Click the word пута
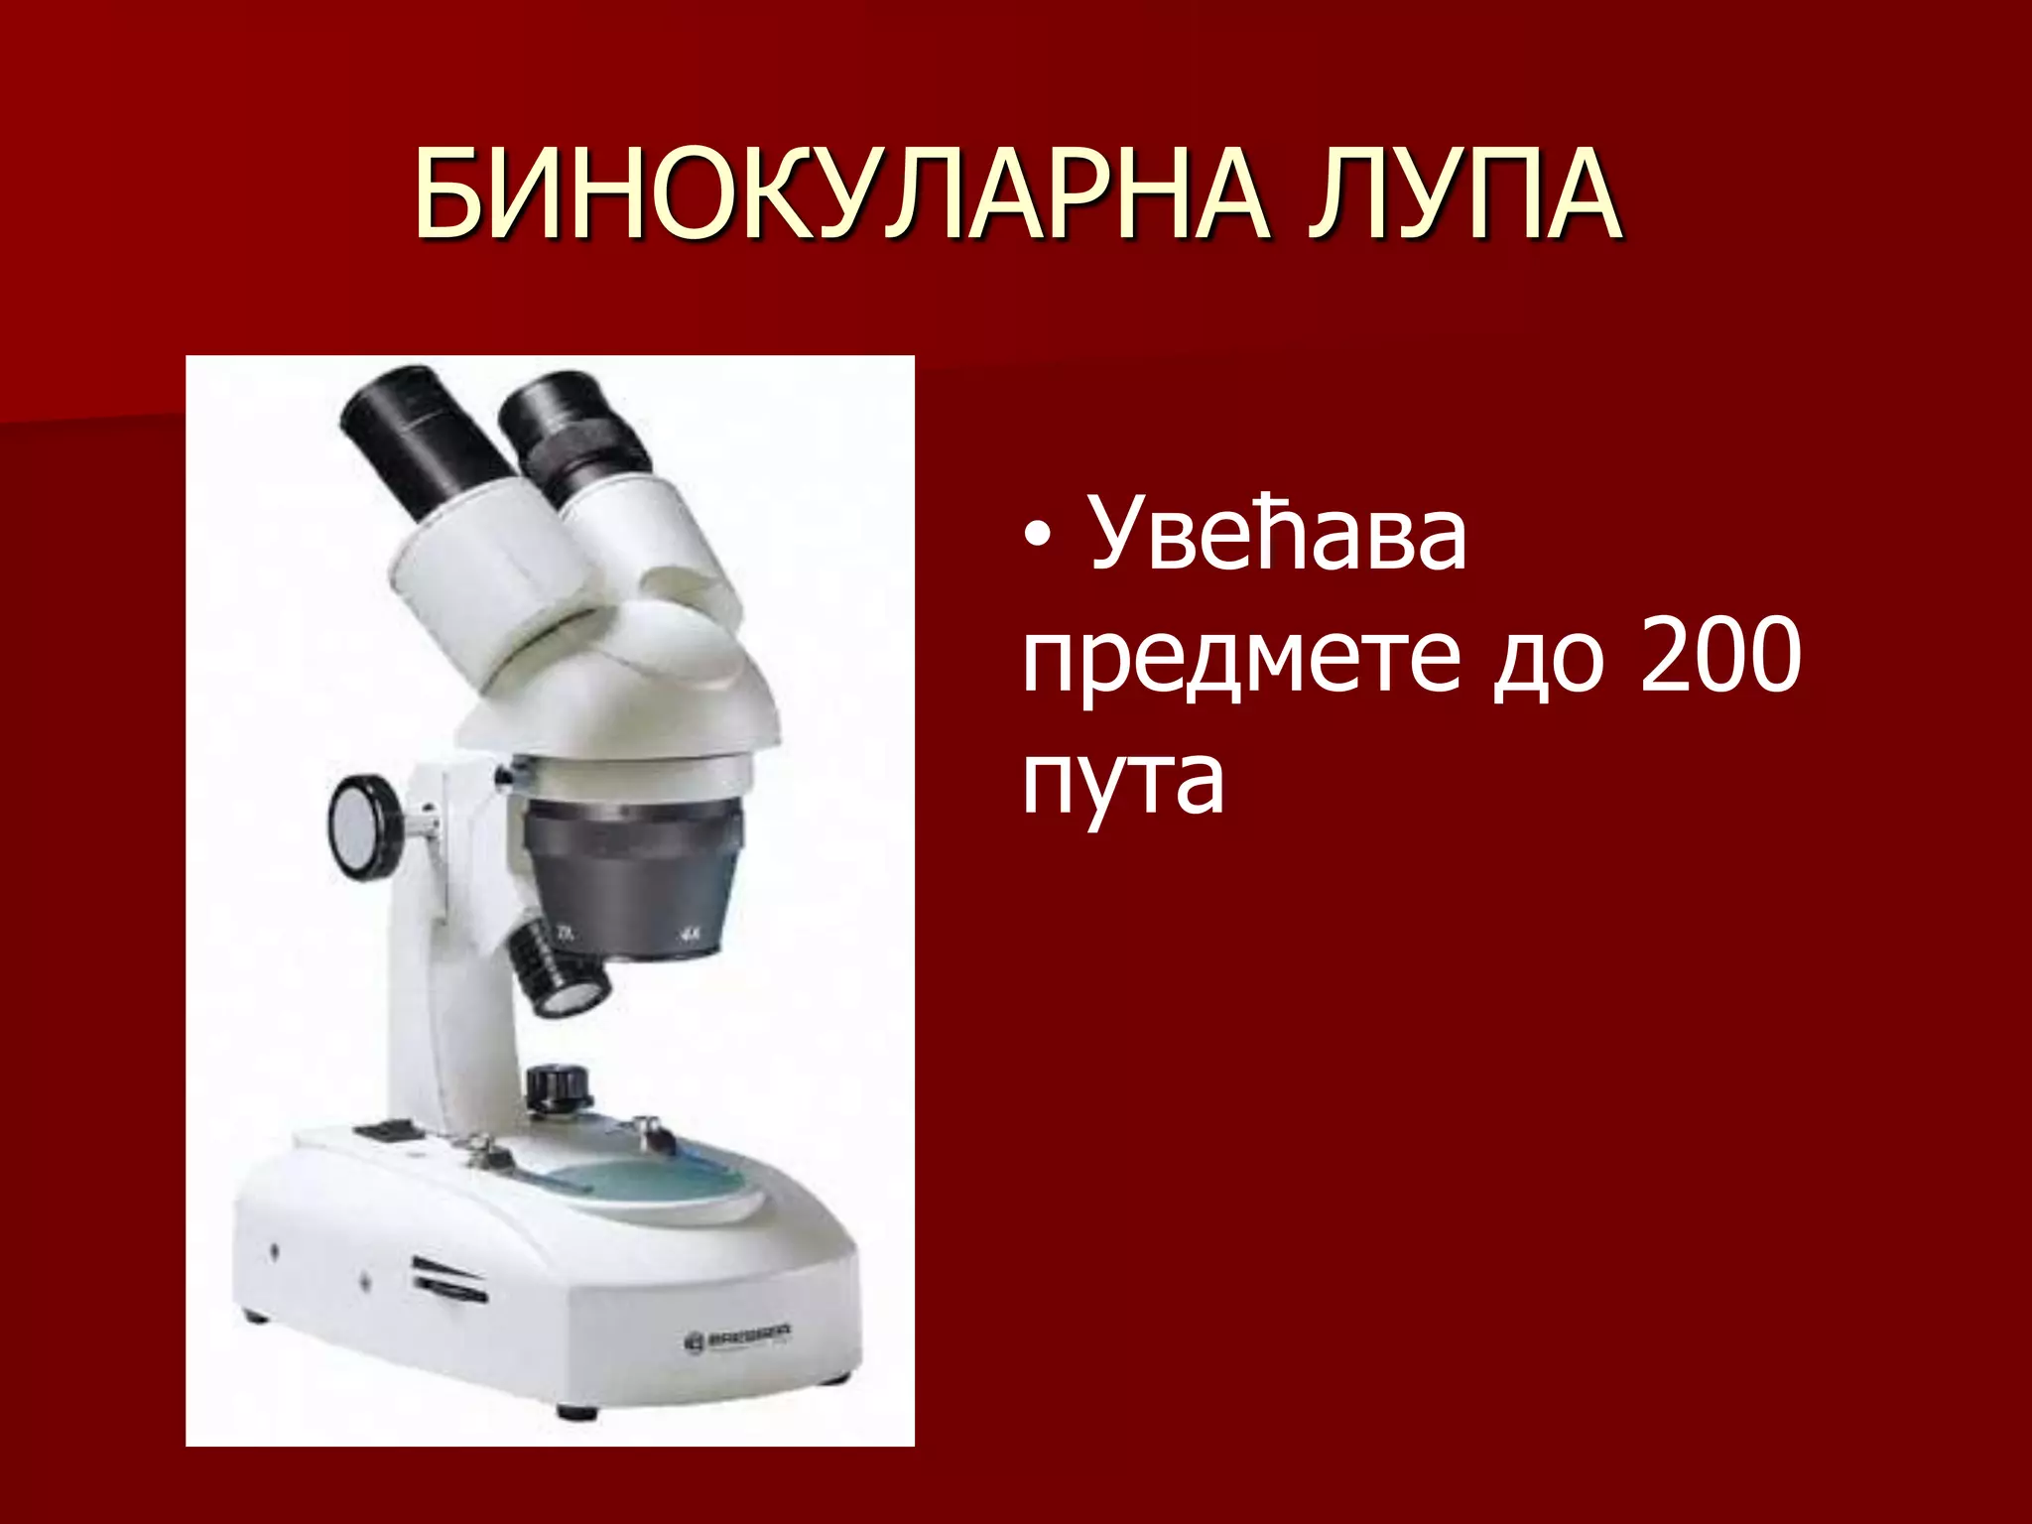[x=1123, y=780]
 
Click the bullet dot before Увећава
[x=1037, y=537]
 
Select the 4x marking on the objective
[x=689, y=933]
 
